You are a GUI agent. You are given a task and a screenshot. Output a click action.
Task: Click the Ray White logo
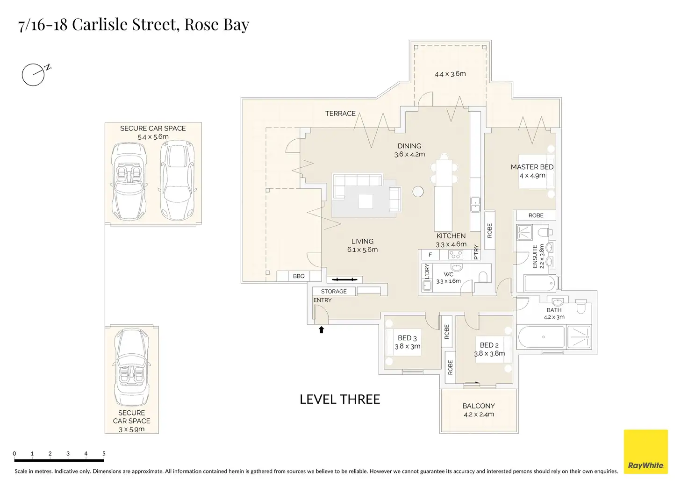645,451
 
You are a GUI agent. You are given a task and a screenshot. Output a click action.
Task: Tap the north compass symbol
36,74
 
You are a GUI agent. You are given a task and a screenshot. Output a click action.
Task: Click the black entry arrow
321,330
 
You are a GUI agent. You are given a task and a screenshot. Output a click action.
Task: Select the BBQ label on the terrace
299,276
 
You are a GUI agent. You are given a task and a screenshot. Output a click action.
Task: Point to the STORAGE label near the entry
334,291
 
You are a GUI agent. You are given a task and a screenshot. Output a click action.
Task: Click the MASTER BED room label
532,167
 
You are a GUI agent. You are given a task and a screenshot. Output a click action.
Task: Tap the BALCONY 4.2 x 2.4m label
479,410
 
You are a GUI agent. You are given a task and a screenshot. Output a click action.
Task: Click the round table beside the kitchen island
418,192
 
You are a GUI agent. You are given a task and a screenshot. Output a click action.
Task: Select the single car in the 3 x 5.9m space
131,367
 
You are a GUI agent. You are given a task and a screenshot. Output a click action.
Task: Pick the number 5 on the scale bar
104,453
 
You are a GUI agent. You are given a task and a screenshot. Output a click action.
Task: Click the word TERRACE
340,114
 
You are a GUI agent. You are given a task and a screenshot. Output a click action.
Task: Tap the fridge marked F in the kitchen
430,255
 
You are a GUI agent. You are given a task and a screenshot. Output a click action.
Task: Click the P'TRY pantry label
476,252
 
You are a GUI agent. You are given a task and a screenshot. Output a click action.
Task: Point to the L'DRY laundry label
427,272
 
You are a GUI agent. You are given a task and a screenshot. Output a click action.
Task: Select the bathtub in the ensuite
540,283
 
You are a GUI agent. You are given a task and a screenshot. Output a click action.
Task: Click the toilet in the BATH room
581,307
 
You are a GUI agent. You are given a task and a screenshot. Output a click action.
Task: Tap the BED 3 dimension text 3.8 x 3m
408,346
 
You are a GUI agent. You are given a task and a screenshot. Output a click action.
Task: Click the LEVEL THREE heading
340,400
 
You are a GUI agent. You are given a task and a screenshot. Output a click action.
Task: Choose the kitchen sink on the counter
475,205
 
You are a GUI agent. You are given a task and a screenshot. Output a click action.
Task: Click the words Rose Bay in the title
217,25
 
